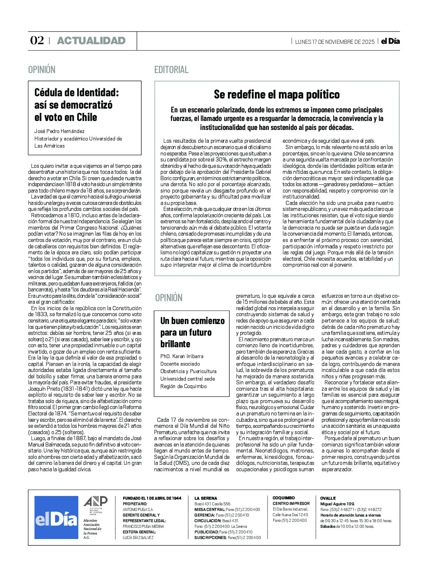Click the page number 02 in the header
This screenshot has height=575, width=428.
(37, 40)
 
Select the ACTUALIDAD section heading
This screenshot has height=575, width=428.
(91, 41)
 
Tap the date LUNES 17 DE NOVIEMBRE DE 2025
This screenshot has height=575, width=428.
(335, 42)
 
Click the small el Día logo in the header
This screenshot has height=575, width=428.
(390, 41)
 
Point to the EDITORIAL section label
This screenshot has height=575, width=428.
(171, 70)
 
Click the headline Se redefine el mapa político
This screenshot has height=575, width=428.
(277, 94)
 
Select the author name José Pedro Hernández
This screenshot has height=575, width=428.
(60, 131)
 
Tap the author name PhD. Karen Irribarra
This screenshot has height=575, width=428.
(182, 356)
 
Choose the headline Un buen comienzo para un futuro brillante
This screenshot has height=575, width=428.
(192, 332)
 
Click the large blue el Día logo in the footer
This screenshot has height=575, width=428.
(56, 517)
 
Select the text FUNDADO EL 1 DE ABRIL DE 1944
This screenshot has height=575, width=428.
(152, 498)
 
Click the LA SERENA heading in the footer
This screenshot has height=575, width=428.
(205, 498)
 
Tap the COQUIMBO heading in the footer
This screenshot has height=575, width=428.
(283, 498)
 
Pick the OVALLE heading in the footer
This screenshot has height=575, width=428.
(328, 498)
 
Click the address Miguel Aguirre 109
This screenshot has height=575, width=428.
(337, 504)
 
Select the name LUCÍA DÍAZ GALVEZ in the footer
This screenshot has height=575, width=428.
(138, 538)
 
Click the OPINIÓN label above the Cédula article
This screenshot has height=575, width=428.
(42, 70)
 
